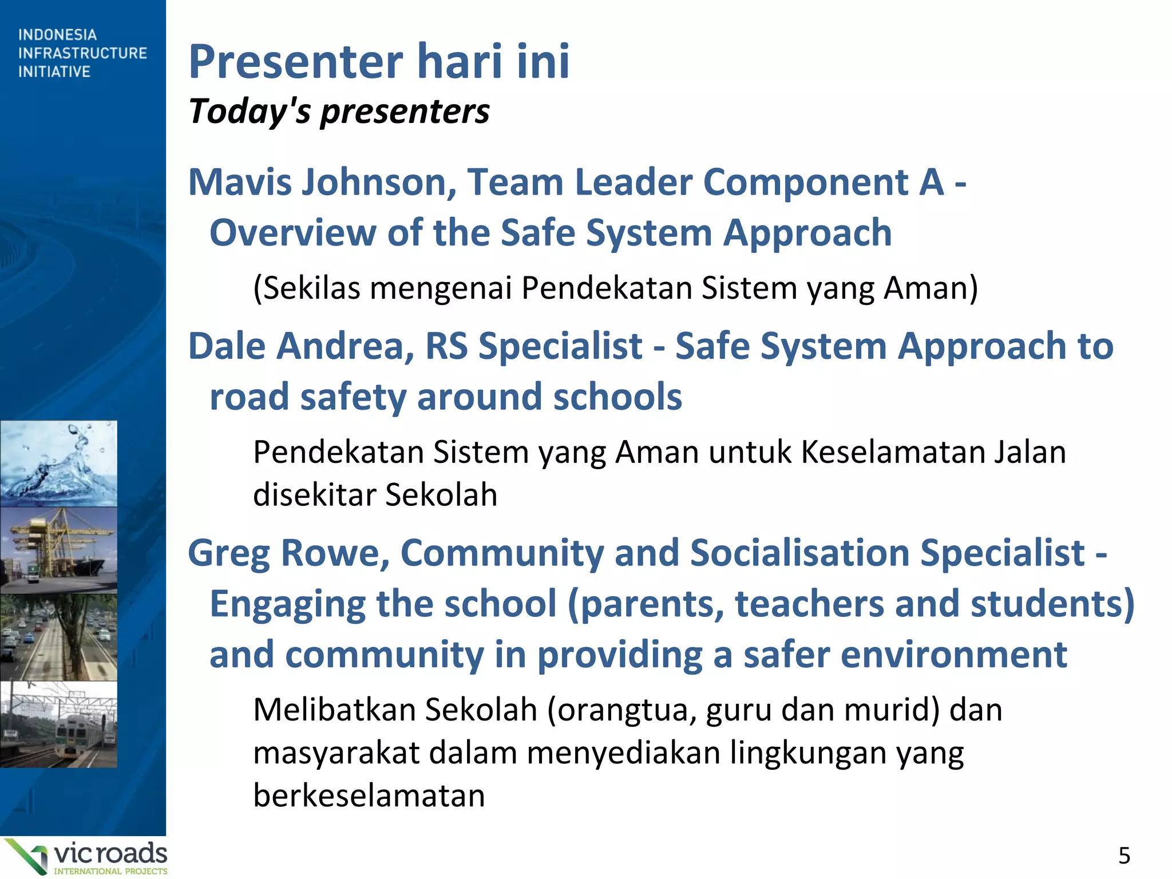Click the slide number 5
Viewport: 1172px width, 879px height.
pos(1124,856)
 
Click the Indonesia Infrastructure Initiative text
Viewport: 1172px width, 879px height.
pos(82,53)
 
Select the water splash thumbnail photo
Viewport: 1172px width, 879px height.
pos(58,464)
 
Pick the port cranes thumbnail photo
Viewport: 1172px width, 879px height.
pos(58,549)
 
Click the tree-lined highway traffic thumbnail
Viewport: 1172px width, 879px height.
pos(58,637)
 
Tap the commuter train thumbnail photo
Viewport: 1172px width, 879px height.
pos(58,724)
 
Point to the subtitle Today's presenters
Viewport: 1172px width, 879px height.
pos(339,111)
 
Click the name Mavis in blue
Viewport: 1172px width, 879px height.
pos(240,182)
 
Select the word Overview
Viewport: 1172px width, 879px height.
pos(292,233)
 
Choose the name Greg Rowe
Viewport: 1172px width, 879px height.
pos(289,553)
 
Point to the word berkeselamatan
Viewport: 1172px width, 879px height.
pos(369,795)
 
